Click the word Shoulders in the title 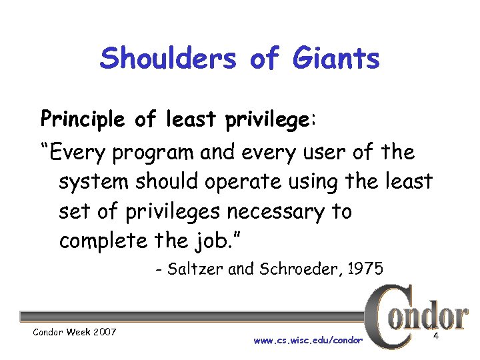[168, 59]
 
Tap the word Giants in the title [337, 59]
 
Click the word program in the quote [156, 153]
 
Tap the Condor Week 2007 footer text [75, 331]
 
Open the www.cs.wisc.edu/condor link [308, 340]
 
